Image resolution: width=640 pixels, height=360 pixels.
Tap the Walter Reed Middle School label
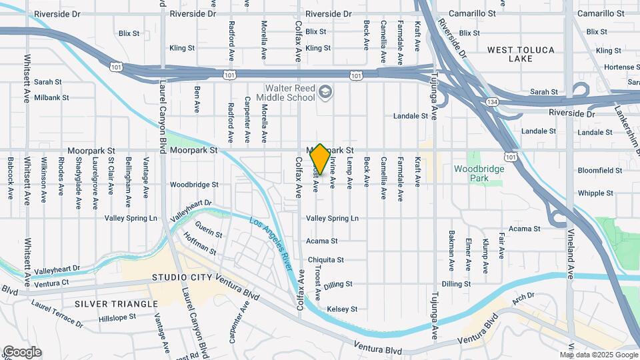[x=289, y=92]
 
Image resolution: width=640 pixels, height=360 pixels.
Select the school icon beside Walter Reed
[x=325, y=91]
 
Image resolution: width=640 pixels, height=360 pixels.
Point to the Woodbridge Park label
[x=479, y=173]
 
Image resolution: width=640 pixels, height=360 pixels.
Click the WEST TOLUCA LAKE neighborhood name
[x=519, y=54]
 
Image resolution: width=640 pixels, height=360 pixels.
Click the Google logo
[x=22, y=352]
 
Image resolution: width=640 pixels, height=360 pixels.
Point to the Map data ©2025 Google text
[x=599, y=355]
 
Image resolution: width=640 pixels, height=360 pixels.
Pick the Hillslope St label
[x=117, y=317]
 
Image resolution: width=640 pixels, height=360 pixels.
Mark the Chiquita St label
[x=325, y=260]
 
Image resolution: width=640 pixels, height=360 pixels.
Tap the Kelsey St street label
[x=342, y=309]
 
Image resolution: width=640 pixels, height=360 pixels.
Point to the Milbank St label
[x=51, y=97]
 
